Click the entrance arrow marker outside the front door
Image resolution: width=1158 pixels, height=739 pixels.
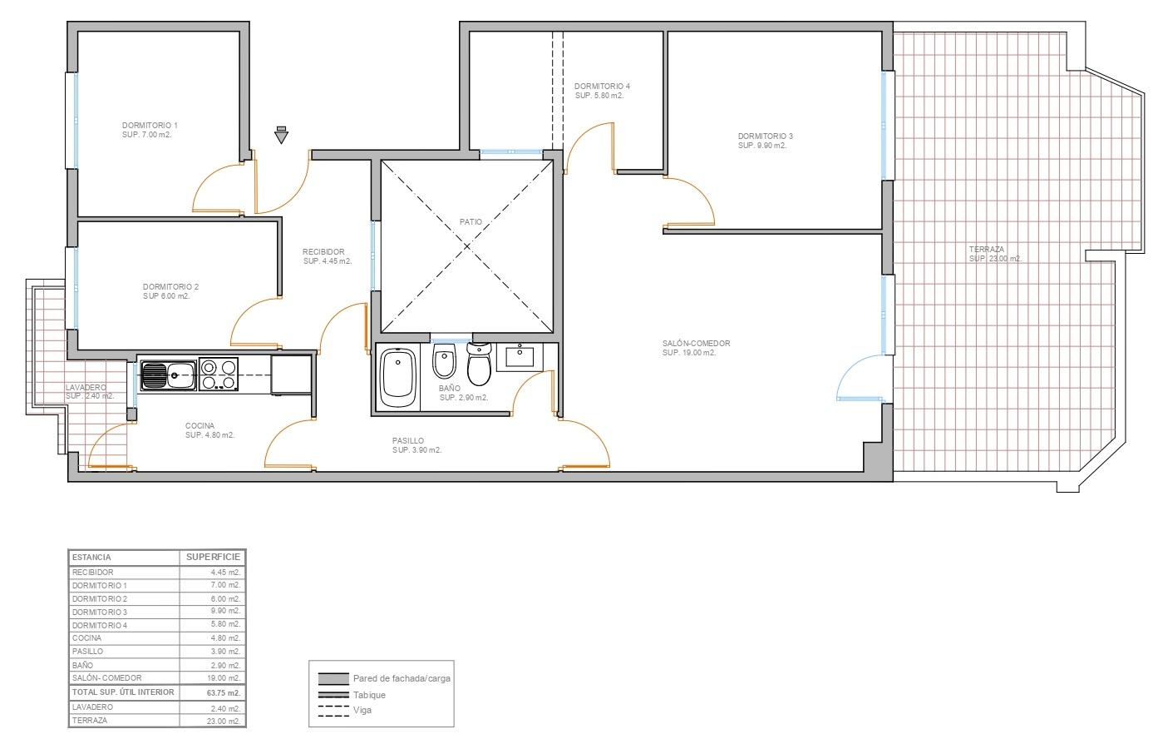click(x=281, y=135)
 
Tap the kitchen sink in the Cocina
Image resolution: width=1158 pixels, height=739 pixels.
click(x=169, y=375)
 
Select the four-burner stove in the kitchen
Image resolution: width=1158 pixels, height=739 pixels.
click(x=218, y=374)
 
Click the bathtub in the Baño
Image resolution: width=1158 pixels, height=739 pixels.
click(x=398, y=378)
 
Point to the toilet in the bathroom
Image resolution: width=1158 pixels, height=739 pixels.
click(x=479, y=364)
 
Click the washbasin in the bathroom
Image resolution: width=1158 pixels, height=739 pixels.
click(x=520, y=357)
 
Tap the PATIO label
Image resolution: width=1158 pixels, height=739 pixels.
click(x=471, y=222)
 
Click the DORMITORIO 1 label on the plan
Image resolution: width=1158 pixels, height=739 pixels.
click(x=150, y=125)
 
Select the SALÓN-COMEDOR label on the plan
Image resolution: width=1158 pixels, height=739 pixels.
click(x=697, y=343)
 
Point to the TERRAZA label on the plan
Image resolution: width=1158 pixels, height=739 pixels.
click(x=987, y=250)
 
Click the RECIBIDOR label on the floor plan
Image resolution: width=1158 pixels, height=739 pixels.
click(x=323, y=252)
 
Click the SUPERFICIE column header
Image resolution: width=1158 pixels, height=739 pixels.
click(x=213, y=557)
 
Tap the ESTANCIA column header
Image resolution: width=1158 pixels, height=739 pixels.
click(x=91, y=558)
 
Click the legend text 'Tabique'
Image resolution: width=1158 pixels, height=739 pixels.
click(x=369, y=695)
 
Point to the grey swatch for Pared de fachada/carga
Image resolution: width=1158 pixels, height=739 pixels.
click(x=333, y=678)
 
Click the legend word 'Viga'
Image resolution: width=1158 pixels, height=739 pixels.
click(x=362, y=711)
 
